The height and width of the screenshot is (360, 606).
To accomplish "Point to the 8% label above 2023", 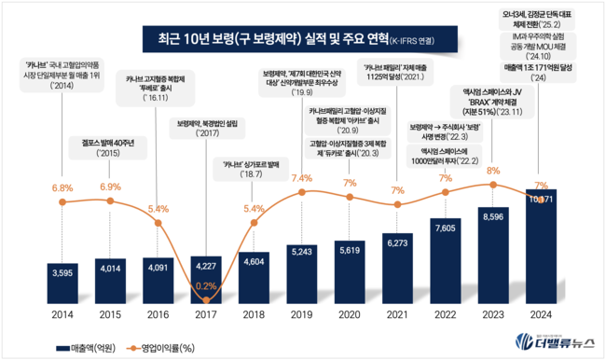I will pyautogui.click(x=494, y=171).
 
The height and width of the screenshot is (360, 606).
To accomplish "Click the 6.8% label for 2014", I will pyautogui.click(x=62, y=187).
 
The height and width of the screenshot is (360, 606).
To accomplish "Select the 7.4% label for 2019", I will pyautogui.click(x=302, y=178).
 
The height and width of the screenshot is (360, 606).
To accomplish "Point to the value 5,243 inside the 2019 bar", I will pyautogui.click(x=302, y=251).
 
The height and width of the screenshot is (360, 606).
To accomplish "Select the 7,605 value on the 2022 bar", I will pyautogui.click(x=447, y=226).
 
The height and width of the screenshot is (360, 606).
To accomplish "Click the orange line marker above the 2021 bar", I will pyautogui.click(x=398, y=205).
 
